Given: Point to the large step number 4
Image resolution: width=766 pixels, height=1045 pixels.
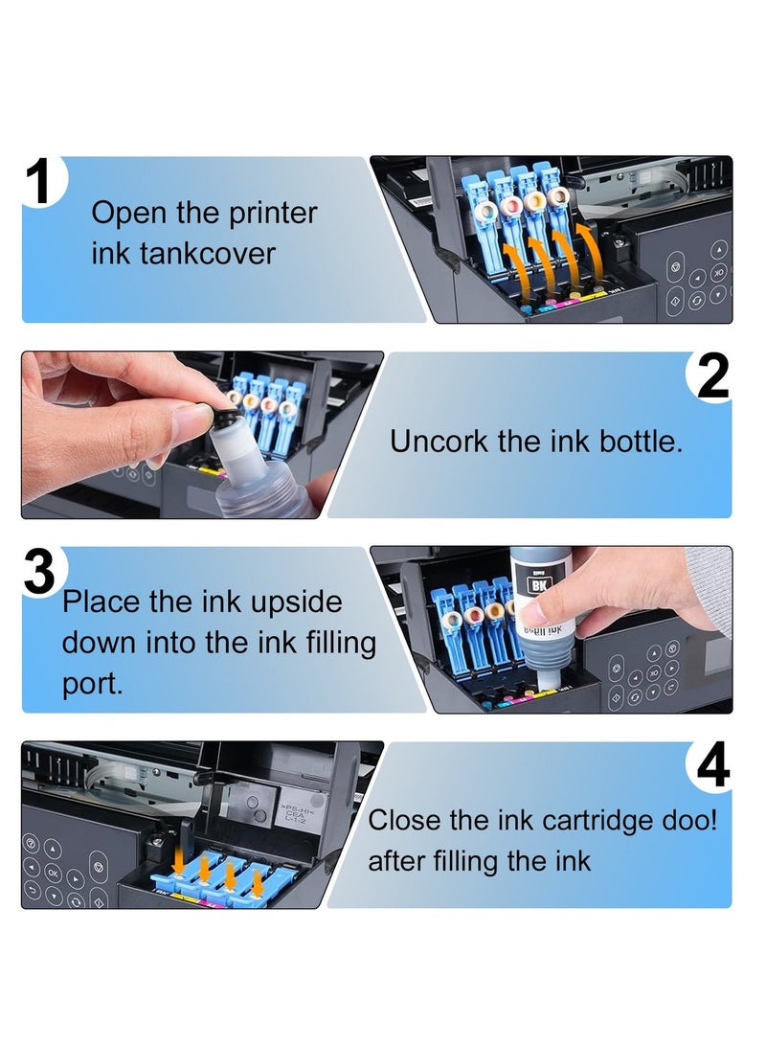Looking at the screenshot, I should tap(713, 769).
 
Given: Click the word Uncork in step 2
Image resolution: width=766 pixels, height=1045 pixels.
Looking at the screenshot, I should tap(439, 442).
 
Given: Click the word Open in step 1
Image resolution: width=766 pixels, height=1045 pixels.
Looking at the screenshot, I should tap(129, 214).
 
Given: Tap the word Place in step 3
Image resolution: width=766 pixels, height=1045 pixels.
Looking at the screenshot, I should tap(101, 602).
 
